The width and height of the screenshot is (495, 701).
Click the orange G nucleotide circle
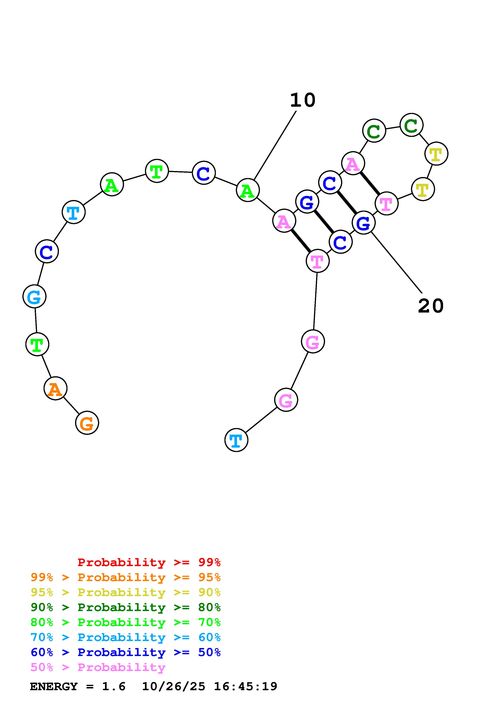87,423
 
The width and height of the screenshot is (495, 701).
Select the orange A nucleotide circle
55,388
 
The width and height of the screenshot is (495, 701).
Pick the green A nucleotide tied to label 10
248,190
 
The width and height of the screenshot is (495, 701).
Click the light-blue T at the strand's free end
236,440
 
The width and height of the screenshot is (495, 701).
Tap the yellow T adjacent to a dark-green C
436,154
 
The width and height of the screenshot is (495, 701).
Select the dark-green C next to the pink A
374,131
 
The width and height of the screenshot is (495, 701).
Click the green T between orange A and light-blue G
37,344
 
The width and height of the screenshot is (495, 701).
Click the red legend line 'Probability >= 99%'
149,562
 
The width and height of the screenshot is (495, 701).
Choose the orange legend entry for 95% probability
126,577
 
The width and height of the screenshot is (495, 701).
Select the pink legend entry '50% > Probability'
98,667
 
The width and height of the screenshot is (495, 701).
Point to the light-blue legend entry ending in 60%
126,637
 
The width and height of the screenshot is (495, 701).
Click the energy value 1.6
113,686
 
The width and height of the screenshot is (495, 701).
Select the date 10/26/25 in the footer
174,686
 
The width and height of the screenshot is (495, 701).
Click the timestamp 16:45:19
246,686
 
